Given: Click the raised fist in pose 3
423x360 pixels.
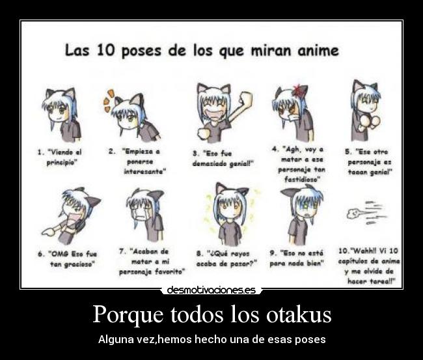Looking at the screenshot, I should coord(247,101).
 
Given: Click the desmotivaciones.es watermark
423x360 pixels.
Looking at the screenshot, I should coord(211,290).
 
